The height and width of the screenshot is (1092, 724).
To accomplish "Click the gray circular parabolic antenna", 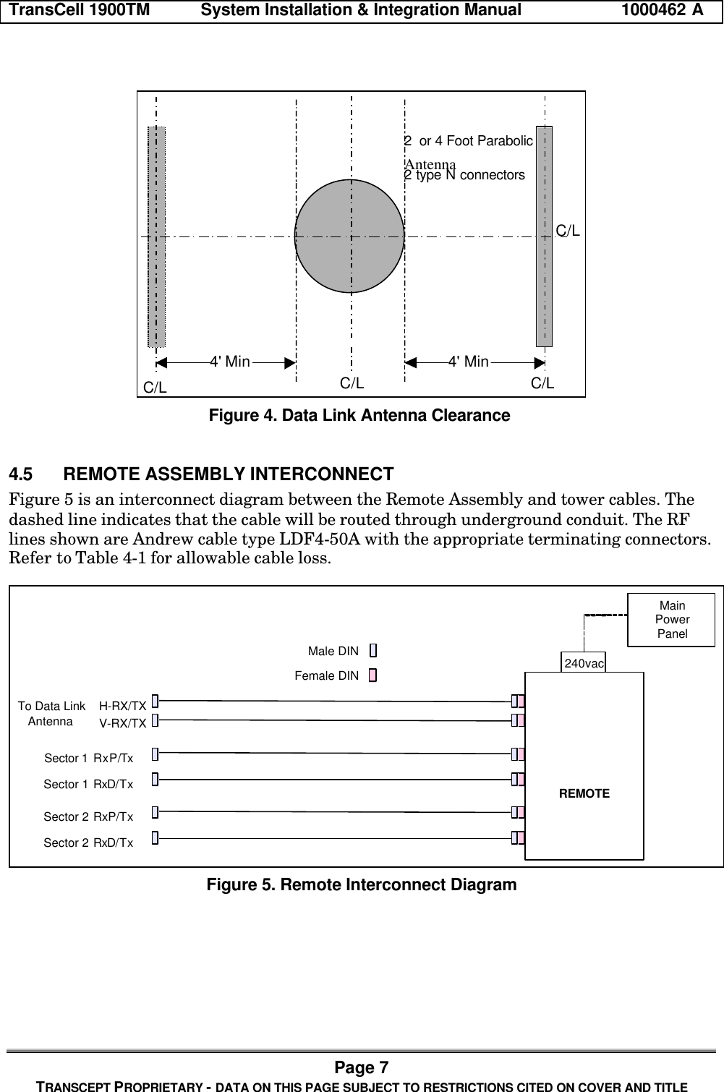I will pos(349,236).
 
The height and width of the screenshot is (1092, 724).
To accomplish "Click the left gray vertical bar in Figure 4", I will pos(156,236).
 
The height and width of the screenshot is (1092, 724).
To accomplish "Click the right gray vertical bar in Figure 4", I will pos(544,236).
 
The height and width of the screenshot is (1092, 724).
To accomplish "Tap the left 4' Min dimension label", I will pos(229,362).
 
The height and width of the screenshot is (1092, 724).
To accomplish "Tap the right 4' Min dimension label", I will pos(469,362).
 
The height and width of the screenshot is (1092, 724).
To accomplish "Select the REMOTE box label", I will pos(584,794).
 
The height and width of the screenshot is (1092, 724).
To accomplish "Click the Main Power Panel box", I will pos(671,620).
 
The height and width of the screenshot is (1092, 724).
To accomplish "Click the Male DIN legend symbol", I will pos(373,651).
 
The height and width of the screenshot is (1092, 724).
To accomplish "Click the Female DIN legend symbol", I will pos(373,676).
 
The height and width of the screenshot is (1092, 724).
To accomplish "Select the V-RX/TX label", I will pos(123,722).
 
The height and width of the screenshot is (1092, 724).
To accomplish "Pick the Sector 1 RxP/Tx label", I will pos(89,758).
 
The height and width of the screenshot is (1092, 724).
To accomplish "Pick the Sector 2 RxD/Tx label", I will pos(88,843).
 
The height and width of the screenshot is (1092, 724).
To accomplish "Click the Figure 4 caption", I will pos(359,416).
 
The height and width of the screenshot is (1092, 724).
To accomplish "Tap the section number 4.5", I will pos(20,475).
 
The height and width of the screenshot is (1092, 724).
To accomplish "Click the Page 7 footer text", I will pos(362,1068).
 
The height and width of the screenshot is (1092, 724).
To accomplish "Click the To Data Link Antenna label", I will pos(51,714).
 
